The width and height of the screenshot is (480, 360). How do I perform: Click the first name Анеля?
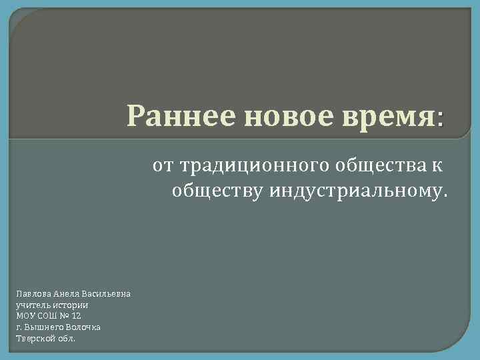[67, 293]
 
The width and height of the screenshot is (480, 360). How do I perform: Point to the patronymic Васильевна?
[107, 293]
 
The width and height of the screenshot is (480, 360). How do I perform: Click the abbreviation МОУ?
[25, 315]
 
